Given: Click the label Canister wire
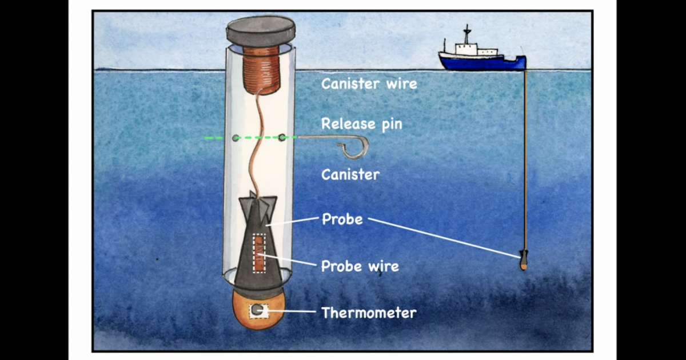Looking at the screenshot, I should pos(369,84).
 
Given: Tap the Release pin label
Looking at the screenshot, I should pos(361,124).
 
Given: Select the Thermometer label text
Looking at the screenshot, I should pos(369,313).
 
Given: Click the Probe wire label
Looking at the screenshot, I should pos(360,266).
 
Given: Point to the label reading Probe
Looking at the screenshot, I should pos(342,219).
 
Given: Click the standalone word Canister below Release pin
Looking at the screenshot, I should pos(350,174).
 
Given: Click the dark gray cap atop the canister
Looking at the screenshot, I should pos(261,31).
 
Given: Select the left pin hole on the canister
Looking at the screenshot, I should pos(236,138).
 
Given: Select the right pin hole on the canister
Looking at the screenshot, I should pos(282,137).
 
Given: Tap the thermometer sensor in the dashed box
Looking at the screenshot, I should pos(258,310).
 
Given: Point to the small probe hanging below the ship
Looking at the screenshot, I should pos(524,261).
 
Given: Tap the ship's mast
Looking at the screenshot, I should pos(467,34).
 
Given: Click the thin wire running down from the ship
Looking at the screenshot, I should pos(525,160).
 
